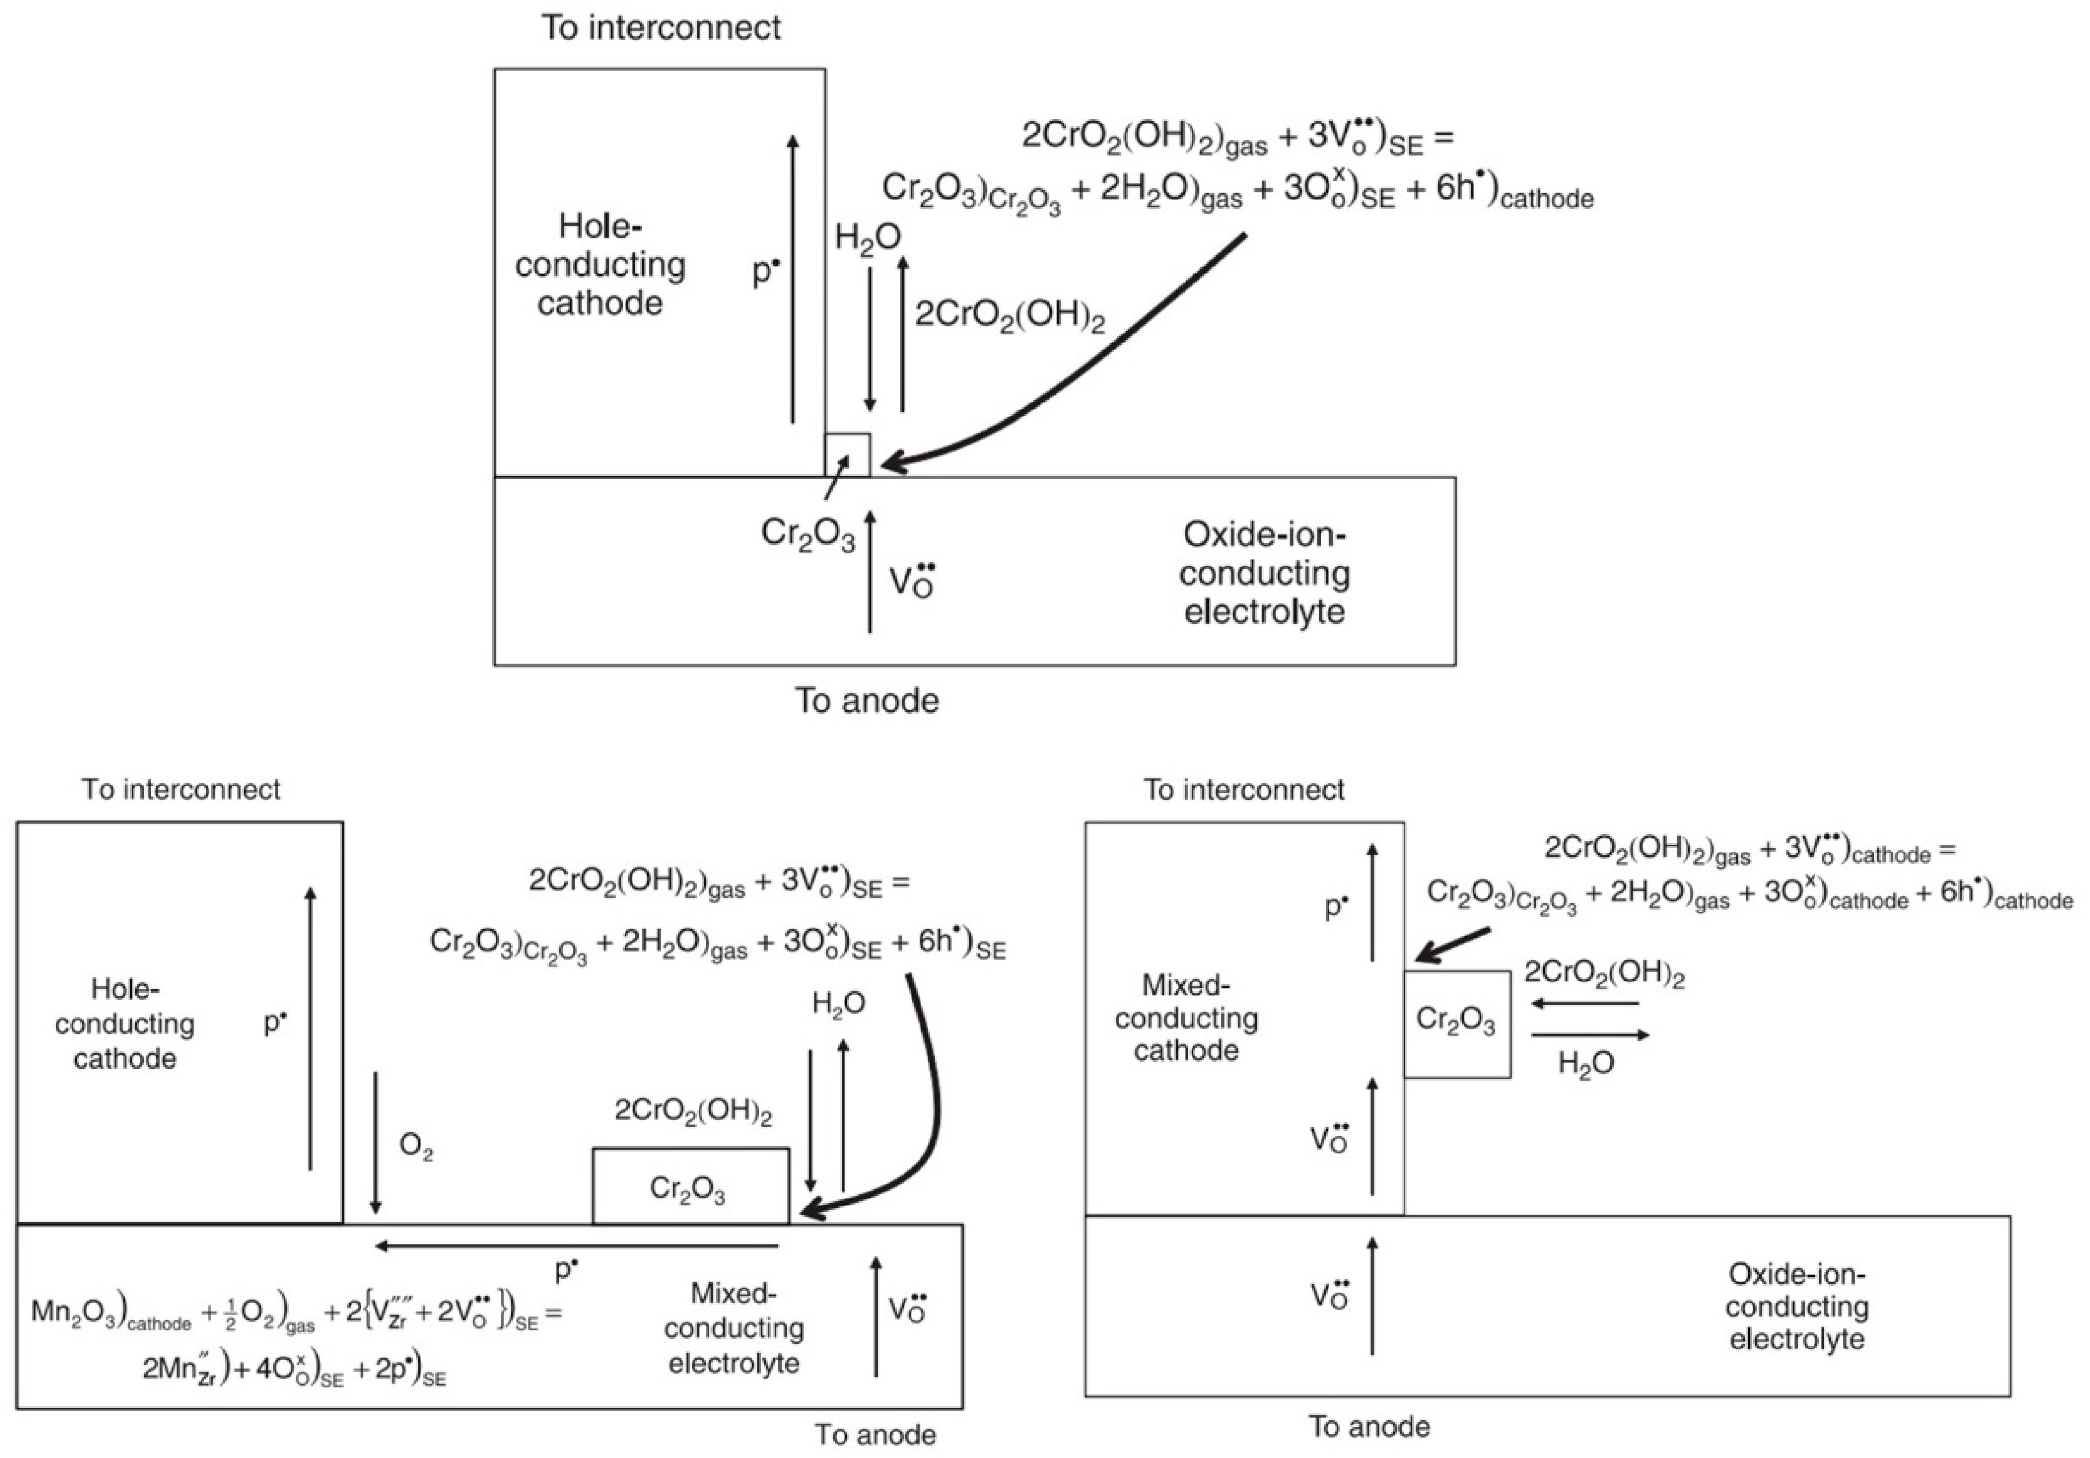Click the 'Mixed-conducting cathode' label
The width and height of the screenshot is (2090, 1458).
(x=1186, y=1018)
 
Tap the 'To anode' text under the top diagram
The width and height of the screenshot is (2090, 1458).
(x=867, y=701)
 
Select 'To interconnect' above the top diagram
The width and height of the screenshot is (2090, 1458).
(x=661, y=27)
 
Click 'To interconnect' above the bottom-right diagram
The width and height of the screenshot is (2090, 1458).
(x=1243, y=789)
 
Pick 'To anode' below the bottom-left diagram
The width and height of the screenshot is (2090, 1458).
(x=875, y=1434)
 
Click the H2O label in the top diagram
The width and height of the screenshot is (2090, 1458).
(x=868, y=237)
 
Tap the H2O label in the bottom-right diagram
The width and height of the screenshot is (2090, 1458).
(x=1586, y=1063)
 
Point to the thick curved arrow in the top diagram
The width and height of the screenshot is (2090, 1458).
(x=1074, y=364)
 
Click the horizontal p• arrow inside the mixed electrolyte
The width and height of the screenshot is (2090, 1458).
(x=577, y=1246)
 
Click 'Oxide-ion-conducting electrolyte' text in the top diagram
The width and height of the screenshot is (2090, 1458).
(x=1264, y=573)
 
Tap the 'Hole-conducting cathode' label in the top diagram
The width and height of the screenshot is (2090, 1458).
(x=600, y=264)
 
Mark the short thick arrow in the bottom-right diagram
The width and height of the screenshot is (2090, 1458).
(x=1452, y=945)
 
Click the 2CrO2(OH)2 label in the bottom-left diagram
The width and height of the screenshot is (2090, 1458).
(x=693, y=1111)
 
